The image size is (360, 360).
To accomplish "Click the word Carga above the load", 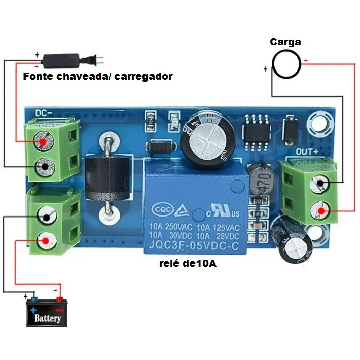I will pyautogui.click(x=285, y=42).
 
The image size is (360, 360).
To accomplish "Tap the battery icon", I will pyautogui.click(x=47, y=311).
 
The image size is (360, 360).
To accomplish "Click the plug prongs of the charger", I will pyautogui.click(x=98, y=60).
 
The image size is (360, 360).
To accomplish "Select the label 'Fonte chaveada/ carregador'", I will pyautogui.click(x=98, y=77).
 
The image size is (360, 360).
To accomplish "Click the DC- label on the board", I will pyautogui.click(x=46, y=113).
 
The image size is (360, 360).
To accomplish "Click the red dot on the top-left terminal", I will pyautogui.click(x=44, y=142).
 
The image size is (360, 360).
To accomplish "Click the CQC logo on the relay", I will pyautogui.click(x=162, y=209).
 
